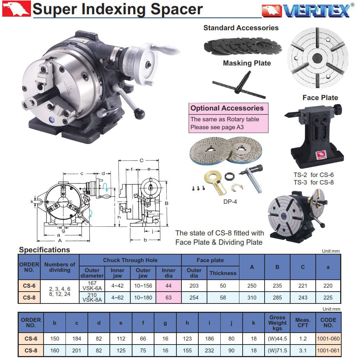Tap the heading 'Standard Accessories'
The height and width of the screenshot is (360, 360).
tap(241, 28)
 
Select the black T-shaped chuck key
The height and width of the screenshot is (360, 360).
tap(239, 85)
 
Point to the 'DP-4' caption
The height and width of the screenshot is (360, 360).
tap(230, 202)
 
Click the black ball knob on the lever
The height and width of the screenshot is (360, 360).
tap(139, 114)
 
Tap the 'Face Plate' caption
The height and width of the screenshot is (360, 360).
tap(320, 98)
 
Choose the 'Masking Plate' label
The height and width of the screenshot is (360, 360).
tap(247, 63)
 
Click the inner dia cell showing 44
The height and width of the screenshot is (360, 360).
tap(168, 285)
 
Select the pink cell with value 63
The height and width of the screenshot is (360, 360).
tap(168, 298)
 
